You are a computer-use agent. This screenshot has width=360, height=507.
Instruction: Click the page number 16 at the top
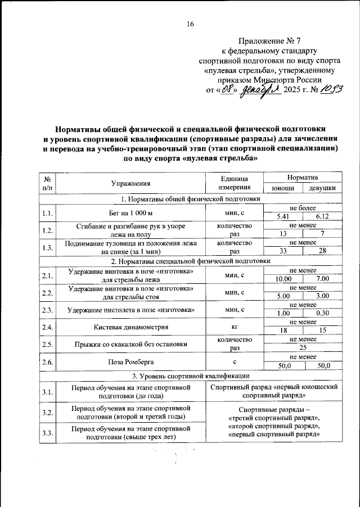190,23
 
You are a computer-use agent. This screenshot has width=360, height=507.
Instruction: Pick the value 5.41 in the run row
283,216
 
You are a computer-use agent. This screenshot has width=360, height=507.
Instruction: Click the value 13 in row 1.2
283,233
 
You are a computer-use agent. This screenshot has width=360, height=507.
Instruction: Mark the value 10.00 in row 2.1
283,279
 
